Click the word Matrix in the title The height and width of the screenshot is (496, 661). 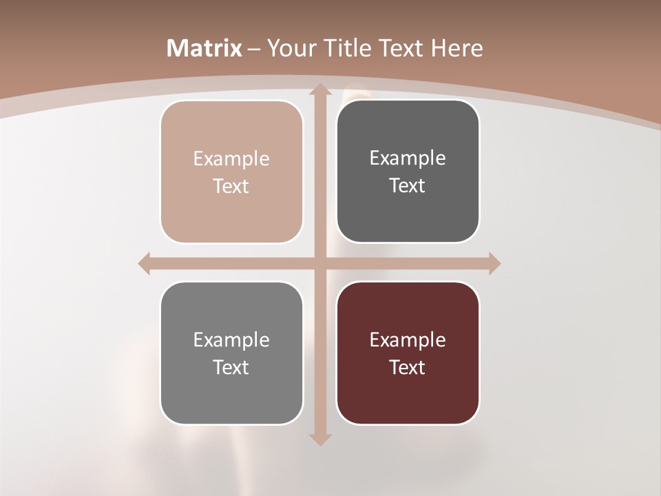204,48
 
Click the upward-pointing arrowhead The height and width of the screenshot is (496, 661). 319,89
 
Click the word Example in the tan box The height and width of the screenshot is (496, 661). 231,159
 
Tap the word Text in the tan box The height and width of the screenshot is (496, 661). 231,187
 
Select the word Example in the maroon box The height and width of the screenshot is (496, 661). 408,340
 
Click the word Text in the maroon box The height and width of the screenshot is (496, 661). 408,367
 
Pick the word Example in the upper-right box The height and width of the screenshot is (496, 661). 408,158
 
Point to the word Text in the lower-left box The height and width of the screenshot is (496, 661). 231,367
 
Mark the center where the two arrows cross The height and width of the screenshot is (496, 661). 319,263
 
